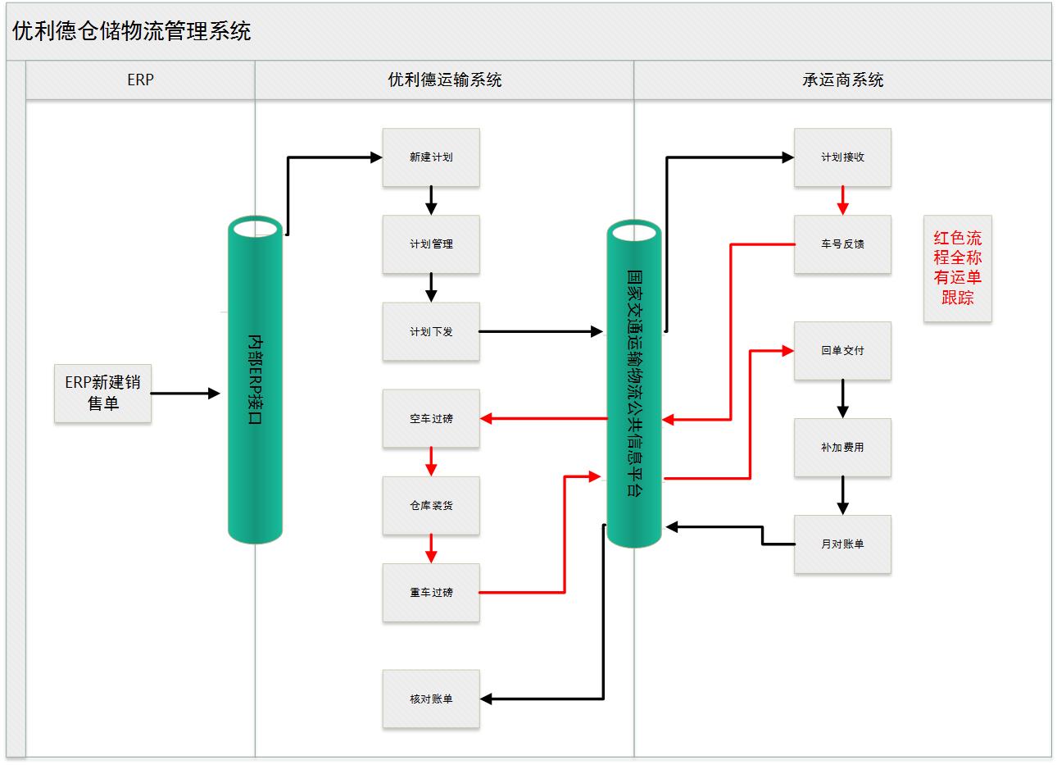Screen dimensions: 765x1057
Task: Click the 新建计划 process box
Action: (x=431, y=157)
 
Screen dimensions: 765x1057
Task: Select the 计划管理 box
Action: (x=431, y=244)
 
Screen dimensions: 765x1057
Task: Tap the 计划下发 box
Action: (x=431, y=331)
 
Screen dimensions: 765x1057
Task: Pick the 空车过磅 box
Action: (x=431, y=418)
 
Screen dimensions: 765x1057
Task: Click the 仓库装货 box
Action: (x=431, y=505)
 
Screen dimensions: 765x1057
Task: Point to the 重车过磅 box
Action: (x=431, y=592)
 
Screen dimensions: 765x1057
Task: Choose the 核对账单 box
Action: (x=431, y=699)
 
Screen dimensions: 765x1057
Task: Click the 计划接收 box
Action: (x=842, y=157)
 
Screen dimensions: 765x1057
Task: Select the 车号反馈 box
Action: (x=842, y=244)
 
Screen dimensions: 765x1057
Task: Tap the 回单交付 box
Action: (x=842, y=350)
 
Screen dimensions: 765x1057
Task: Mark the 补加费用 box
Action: (x=842, y=448)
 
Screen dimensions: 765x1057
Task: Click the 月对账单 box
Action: (x=842, y=544)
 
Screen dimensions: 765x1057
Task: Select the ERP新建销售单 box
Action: (x=103, y=393)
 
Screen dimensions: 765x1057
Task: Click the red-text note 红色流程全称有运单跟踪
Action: (x=957, y=268)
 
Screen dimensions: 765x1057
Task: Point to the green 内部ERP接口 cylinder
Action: (x=255, y=381)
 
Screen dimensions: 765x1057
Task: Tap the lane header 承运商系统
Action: (x=842, y=80)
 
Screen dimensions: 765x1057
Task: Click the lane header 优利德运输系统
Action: (x=444, y=80)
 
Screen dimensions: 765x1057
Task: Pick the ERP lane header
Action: (x=140, y=80)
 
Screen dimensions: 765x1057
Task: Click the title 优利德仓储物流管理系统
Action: (x=132, y=31)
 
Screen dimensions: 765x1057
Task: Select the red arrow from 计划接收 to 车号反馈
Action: (x=842, y=200)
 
